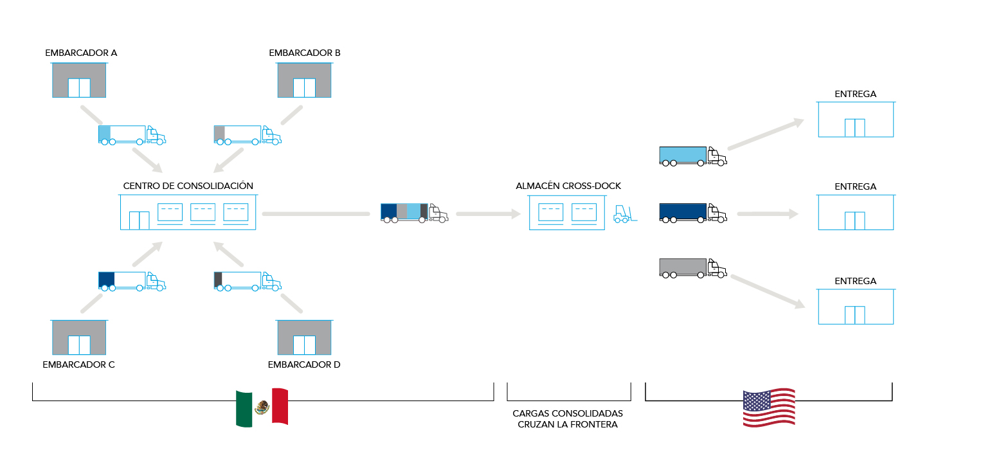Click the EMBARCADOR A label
click(x=81, y=53)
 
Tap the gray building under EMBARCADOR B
click(x=304, y=80)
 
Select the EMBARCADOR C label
click(x=78, y=364)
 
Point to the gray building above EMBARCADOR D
click(x=304, y=337)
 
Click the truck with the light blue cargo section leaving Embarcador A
click(x=132, y=134)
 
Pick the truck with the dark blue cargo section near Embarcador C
click(x=132, y=281)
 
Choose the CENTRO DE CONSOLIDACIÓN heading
click(x=188, y=186)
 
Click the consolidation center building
click(x=188, y=212)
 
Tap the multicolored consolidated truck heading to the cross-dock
click(x=414, y=213)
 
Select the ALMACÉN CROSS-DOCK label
click(x=568, y=186)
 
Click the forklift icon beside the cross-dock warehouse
click(x=624, y=214)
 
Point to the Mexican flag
click(x=262, y=407)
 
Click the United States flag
click(x=769, y=408)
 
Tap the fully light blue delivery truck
click(x=692, y=156)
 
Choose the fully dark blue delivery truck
click(x=692, y=213)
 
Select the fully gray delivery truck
click(x=692, y=268)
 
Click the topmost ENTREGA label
click(x=855, y=94)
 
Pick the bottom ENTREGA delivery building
click(x=855, y=307)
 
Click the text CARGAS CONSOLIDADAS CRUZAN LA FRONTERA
click(x=568, y=419)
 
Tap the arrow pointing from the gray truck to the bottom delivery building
click(x=768, y=291)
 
